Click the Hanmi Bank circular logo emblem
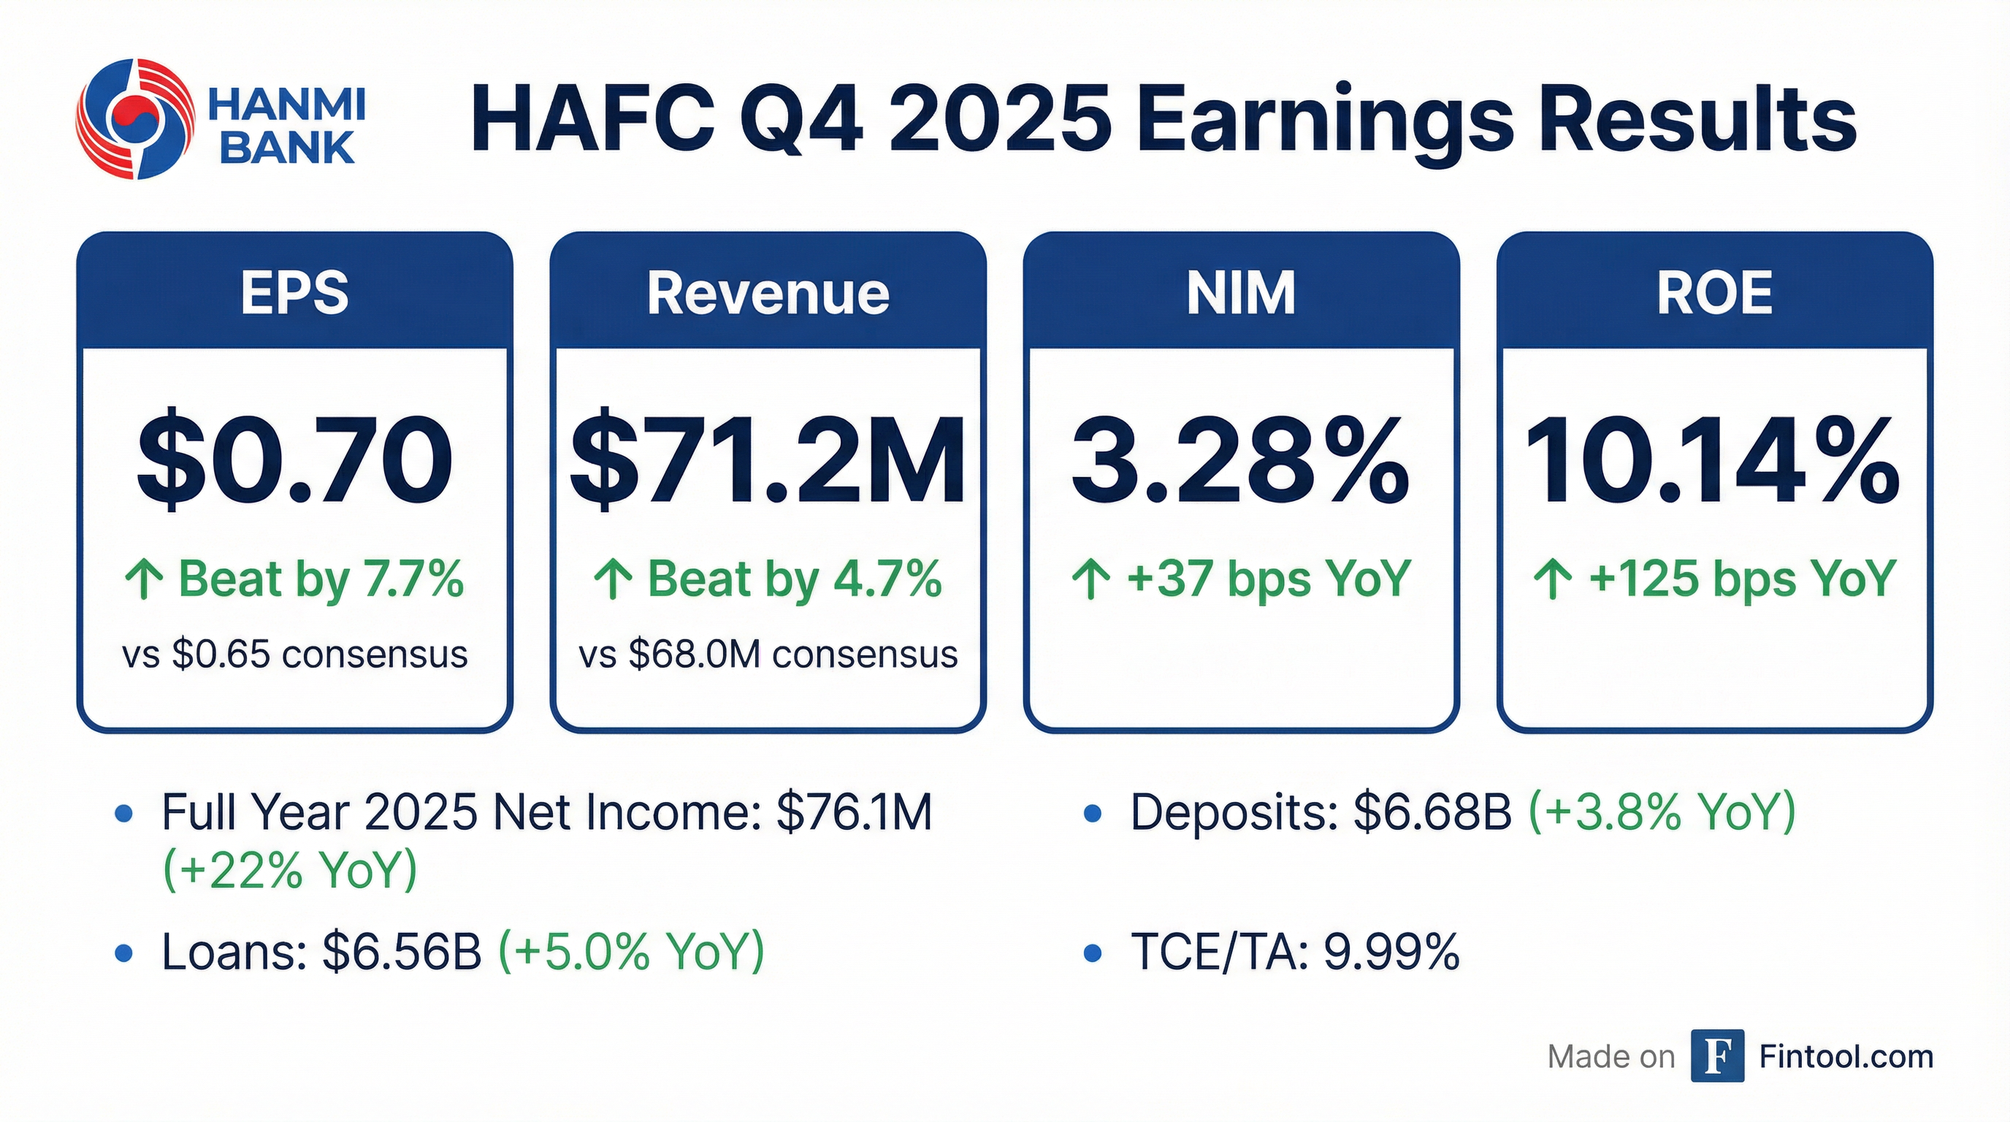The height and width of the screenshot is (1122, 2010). click(134, 118)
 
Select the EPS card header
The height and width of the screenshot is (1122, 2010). click(294, 294)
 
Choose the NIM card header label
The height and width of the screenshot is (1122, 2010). click(1241, 294)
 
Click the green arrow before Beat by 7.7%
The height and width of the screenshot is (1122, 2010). click(145, 581)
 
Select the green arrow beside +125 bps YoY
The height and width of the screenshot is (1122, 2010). click(1554, 581)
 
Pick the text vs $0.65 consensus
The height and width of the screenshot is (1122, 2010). click(295, 654)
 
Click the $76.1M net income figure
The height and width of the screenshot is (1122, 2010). click(855, 812)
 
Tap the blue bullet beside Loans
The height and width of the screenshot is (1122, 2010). click(123, 953)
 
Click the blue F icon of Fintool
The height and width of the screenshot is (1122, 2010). click(1717, 1056)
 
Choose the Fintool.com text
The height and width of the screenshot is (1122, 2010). click(1846, 1056)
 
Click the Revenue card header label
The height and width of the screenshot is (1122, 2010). click(768, 294)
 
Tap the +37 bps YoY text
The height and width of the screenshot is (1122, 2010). click(1269, 579)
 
